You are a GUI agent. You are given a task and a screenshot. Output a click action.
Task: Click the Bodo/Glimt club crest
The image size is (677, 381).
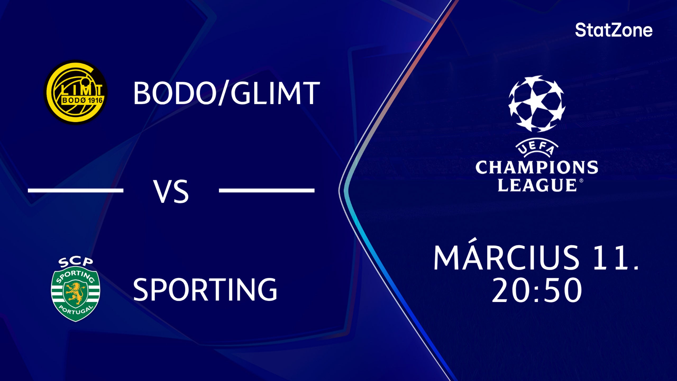(76, 92)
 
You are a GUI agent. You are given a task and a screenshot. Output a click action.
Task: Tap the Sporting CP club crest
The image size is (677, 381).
(76, 289)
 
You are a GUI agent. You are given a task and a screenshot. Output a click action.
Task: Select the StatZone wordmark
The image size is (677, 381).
(614, 30)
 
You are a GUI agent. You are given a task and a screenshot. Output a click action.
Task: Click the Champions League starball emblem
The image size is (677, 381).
(537, 104)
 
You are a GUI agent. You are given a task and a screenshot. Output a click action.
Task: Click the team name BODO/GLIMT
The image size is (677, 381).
(226, 93)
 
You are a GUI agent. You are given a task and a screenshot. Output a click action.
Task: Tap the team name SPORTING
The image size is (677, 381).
(205, 289)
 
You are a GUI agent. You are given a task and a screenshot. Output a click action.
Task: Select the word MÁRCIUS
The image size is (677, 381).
(506, 258)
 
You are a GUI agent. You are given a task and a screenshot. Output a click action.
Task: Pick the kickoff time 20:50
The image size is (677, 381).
(537, 290)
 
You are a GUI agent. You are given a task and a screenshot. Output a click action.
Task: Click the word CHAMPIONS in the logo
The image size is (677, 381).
(537, 168)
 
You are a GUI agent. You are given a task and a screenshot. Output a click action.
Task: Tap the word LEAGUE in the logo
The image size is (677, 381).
(537, 185)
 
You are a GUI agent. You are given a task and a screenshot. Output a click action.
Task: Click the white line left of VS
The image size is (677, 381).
(76, 190)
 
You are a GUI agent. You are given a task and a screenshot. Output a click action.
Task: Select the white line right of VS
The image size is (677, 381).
(267, 190)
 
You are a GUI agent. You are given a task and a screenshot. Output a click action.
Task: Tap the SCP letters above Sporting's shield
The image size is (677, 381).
(76, 262)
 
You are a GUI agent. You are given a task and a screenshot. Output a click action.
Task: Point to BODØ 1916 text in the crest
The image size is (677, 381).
(82, 101)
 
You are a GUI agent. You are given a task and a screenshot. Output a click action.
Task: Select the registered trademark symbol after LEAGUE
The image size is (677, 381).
(581, 181)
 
